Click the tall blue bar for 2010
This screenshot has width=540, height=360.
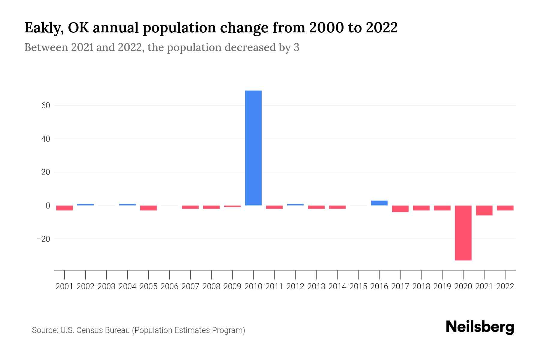click(253, 148)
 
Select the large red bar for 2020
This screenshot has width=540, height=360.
click(463, 233)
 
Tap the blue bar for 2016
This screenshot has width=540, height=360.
click(379, 203)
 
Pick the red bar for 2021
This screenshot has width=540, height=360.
click(484, 210)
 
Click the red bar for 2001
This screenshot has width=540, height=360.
click(64, 208)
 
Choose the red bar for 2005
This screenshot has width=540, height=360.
click(148, 208)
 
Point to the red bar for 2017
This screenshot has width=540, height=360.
click(400, 209)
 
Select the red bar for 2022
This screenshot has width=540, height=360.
click(505, 208)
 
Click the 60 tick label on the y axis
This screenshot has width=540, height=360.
click(44, 106)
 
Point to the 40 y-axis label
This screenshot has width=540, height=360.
click(44, 139)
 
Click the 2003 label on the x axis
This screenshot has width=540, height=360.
click(106, 286)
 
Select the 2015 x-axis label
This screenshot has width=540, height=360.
click(358, 286)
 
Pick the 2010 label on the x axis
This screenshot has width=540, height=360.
click(253, 286)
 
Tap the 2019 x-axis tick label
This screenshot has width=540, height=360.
click(442, 286)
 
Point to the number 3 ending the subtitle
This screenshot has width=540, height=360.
click(296, 48)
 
